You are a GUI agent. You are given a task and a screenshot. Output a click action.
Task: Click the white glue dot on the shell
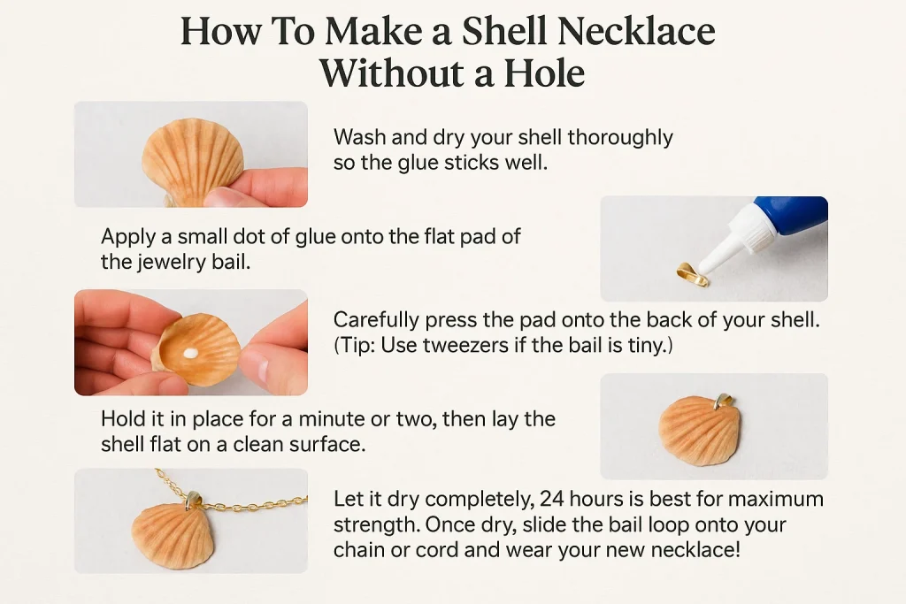tap(189, 353)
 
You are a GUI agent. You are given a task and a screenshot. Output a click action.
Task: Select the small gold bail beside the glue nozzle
tap(692, 274)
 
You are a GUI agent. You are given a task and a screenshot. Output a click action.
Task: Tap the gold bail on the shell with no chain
tap(723, 402)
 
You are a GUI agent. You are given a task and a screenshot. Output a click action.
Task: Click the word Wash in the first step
tap(358, 138)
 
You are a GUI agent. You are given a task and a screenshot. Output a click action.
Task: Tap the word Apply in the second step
tap(127, 237)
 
